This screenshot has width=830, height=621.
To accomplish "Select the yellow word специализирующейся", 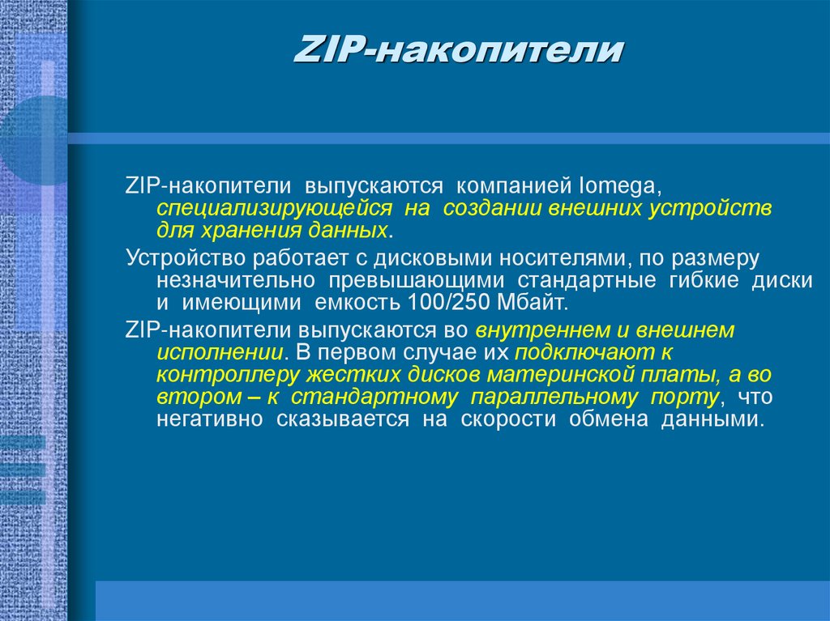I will [274, 209].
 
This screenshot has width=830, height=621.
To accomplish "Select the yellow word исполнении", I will [219, 353].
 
